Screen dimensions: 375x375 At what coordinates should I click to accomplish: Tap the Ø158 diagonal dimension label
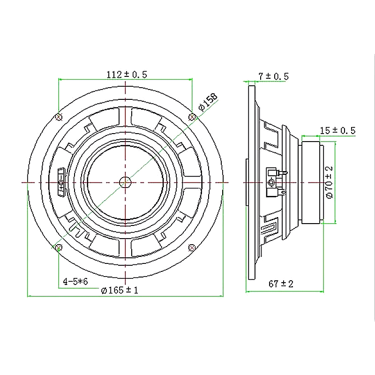click(208, 102)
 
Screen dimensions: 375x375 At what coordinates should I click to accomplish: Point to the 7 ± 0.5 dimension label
click(273, 76)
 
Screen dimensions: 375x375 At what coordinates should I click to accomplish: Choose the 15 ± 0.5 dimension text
click(338, 130)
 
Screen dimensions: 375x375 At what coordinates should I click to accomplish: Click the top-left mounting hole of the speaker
click(59, 116)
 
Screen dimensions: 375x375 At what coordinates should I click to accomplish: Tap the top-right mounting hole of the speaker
click(192, 116)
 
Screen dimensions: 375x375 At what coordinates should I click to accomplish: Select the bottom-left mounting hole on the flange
click(59, 247)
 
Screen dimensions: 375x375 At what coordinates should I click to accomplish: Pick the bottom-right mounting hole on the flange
click(192, 247)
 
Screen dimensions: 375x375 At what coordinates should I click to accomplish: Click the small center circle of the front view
click(125, 181)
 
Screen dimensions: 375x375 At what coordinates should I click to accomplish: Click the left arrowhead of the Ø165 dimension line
click(30, 296)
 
